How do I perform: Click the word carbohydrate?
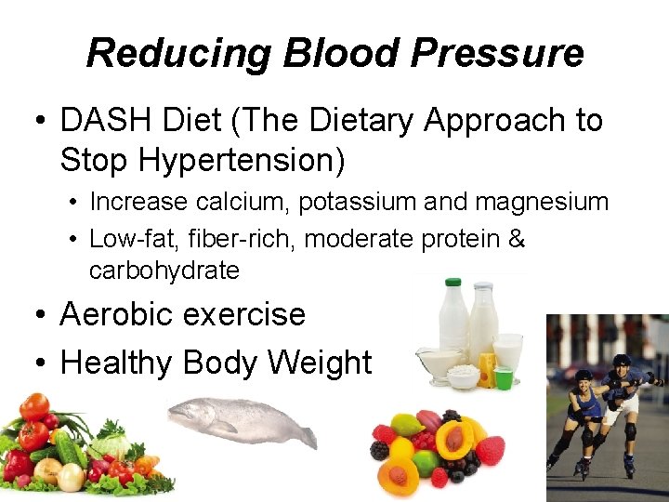coord(164,271)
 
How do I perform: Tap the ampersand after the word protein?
coord(518,239)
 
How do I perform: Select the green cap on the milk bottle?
coord(453,282)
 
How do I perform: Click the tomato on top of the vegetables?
coord(34,406)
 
